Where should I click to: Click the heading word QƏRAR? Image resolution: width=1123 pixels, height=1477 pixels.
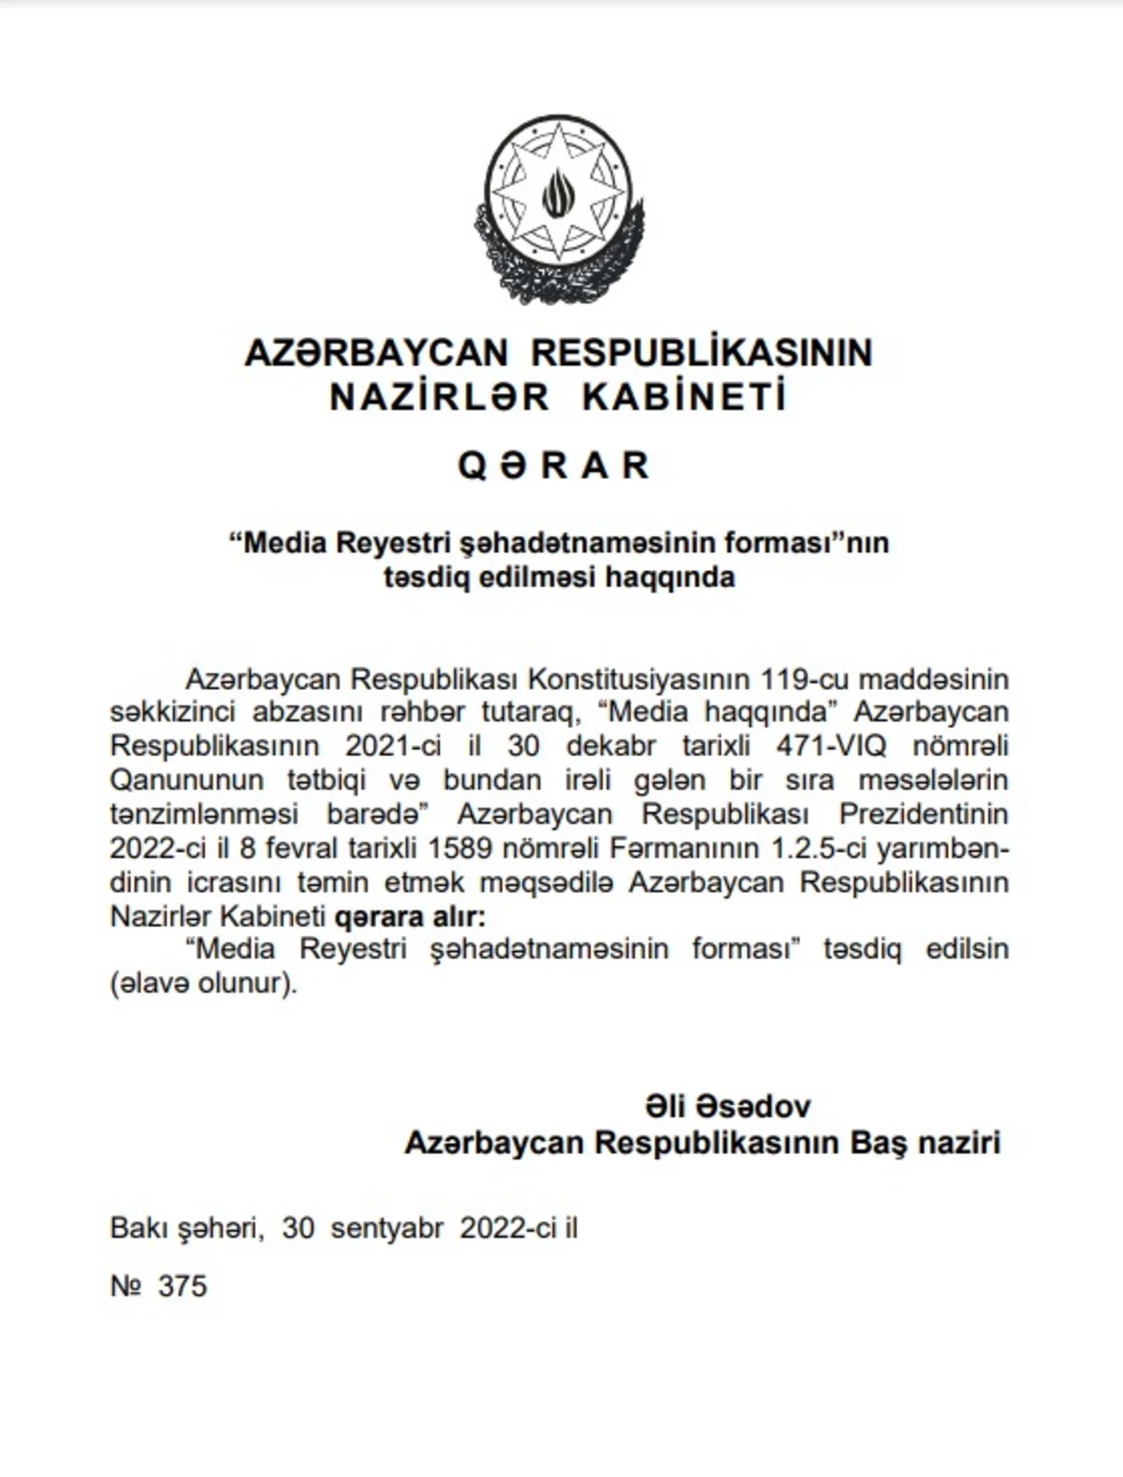[x=554, y=465]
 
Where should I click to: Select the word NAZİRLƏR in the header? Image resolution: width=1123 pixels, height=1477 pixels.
[x=440, y=398]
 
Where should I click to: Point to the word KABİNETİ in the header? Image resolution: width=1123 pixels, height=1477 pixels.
[x=684, y=398]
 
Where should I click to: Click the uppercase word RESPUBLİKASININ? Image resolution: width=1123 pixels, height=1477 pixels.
[x=702, y=353]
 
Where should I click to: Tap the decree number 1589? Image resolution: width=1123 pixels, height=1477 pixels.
[x=458, y=848]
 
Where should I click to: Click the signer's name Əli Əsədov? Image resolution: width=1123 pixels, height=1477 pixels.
[x=727, y=1106]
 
